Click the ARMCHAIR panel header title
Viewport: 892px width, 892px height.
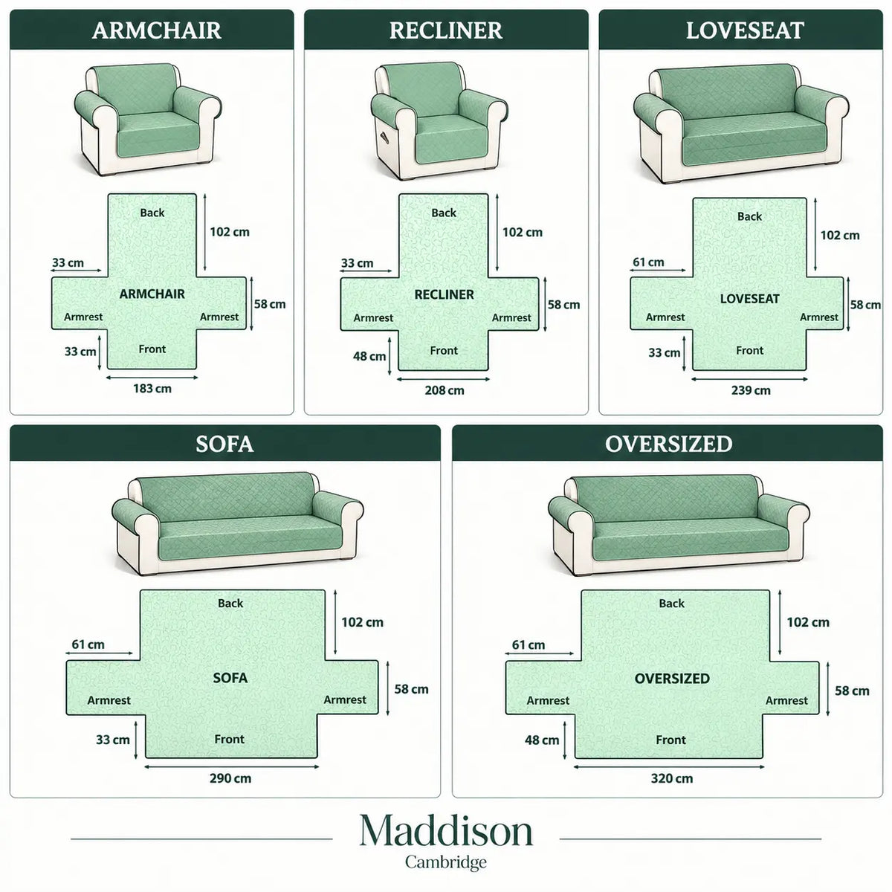pos(156,30)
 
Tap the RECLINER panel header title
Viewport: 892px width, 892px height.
pos(446,30)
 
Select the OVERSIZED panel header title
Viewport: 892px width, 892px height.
pos(668,444)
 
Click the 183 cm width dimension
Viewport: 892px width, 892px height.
pos(152,388)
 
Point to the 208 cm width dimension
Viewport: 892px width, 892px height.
pos(445,390)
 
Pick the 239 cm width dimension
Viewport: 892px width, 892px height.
pos(751,390)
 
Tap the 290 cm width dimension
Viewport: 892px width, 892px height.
pos(230,778)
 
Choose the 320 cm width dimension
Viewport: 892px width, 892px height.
pos(672,778)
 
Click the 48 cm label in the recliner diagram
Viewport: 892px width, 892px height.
pos(369,356)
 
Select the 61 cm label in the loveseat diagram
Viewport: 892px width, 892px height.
pos(648,262)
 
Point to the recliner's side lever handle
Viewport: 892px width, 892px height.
pos(384,136)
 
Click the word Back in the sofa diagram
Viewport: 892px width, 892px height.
pos(230,603)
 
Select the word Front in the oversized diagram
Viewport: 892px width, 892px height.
pos(670,740)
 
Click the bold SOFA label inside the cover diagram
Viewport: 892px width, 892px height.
pos(230,678)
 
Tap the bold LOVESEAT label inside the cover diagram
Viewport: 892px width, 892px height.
pos(749,299)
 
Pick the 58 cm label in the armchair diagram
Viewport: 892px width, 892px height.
pos(269,304)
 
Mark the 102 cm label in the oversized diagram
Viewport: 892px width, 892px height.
pos(808,622)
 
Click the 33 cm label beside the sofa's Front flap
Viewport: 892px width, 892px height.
pos(112,739)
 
